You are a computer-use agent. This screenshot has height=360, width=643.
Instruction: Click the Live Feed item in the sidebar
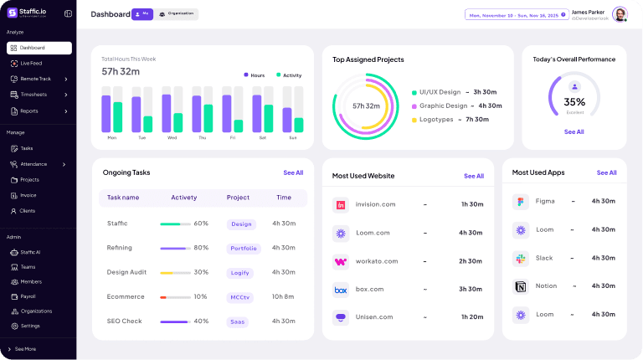pyautogui.click(x=31, y=63)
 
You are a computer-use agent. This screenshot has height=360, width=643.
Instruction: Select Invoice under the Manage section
pyautogui.click(x=28, y=195)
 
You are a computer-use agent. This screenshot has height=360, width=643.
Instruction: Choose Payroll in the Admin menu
pyautogui.click(x=28, y=296)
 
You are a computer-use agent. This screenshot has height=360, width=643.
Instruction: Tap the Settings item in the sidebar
pyautogui.click(x=30, y=326)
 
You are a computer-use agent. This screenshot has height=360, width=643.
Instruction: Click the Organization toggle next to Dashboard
pyautogui.click(x=176, y=14)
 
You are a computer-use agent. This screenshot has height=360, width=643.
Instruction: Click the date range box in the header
pyautogui.click(x=515, y=15)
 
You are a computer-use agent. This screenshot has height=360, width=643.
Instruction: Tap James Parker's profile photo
pyautogui.click(x=620, y=14)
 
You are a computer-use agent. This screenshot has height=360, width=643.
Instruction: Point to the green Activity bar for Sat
pyautogui.click(x=269, y=118)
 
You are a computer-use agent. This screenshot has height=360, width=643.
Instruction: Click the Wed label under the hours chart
pyautogui.click(x=172, y=137)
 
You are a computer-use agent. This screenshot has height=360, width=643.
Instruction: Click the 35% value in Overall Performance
pyautogui.click(x=574, y=102)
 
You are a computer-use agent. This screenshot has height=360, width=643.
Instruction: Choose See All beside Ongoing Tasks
pyautogui.click(x=293, y=172)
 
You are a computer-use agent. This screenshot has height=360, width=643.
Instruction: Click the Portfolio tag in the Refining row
pyautogui.click(x=244, y=248)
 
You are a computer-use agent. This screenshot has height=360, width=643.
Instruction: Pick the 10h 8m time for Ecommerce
pyautogui.click(x=284, y=296)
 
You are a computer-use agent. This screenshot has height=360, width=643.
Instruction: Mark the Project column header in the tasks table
pyautogui.click(x=238, y=198)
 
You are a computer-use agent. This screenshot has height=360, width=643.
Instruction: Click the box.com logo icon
pyautogui.click(x=341, y=290)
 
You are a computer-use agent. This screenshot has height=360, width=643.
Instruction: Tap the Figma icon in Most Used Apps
pyautogui.click(x=520, y=202)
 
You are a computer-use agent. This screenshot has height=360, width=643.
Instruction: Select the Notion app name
pyautogui.click(x=546, y=286)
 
